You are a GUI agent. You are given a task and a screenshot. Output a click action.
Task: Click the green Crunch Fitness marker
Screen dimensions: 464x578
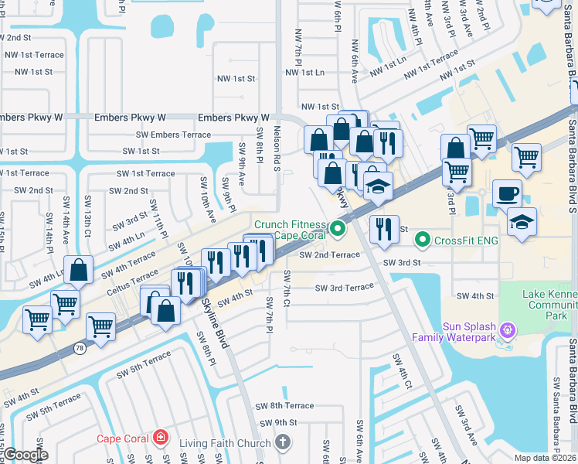point(337,228)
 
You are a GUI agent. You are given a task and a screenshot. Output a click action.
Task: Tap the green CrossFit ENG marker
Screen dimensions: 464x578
point(422,240)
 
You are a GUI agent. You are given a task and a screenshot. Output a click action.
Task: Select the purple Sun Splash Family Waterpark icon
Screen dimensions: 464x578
point(507,331)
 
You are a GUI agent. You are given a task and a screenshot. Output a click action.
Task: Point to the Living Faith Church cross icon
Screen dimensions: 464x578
point(283,443)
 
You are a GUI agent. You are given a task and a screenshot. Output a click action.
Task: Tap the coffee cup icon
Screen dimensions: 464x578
point(507,193)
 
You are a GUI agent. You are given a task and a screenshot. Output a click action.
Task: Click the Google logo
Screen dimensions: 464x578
point(25,455)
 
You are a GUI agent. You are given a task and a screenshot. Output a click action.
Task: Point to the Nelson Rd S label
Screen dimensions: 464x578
point(276,151)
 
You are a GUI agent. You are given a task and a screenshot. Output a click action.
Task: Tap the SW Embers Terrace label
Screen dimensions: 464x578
point(174,135)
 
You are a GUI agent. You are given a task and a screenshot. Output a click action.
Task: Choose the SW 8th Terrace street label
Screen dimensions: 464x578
point(287,406)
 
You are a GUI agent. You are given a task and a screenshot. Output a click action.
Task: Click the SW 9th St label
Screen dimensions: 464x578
point(278,423)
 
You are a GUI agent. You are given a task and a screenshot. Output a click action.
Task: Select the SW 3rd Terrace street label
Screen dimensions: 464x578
point(344,288)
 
